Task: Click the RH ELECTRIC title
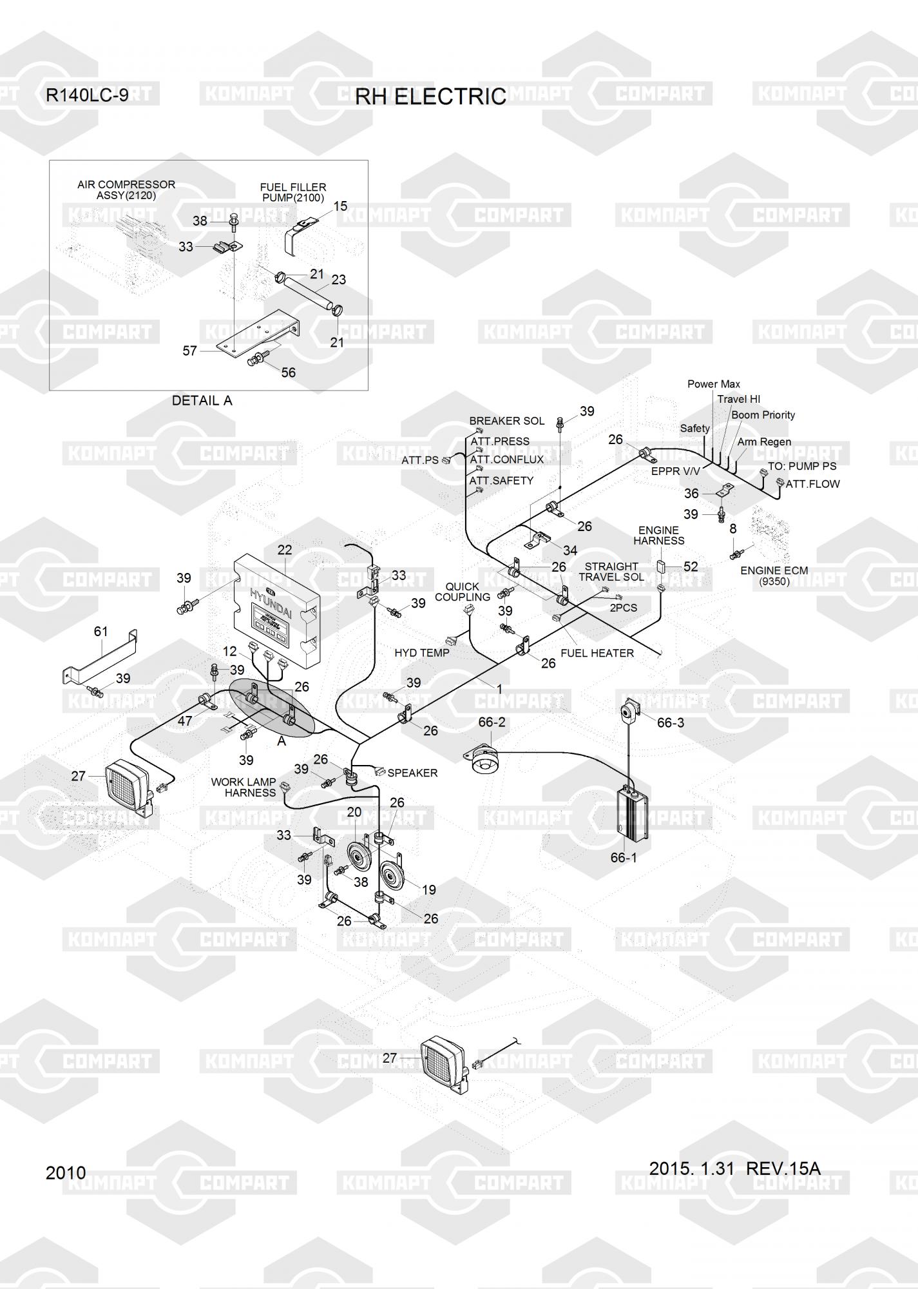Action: [x=430, y=97]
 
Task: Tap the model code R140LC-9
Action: [x=87, y=95]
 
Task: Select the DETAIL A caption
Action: [x=202, y=400]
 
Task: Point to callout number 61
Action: [x=101, y=632]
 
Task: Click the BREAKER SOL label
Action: [x=506, y=421]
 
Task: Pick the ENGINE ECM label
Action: [x=774, y=570]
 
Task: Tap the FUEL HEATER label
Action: [x=597, y=653]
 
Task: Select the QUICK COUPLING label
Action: [x=463, y=592]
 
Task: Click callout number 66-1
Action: [x=624, y=858]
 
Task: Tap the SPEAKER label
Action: [x=412, y=773]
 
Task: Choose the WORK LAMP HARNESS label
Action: [x=244, y=788]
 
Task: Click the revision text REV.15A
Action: [x=783, y=1168]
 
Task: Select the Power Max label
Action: [x=714, y=384]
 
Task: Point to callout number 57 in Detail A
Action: [x=189, y=351]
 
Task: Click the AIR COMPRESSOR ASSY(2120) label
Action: [x=126, y=190]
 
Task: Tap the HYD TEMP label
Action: [x=422, y=653]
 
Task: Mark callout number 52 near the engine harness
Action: [x=691, y=567]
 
